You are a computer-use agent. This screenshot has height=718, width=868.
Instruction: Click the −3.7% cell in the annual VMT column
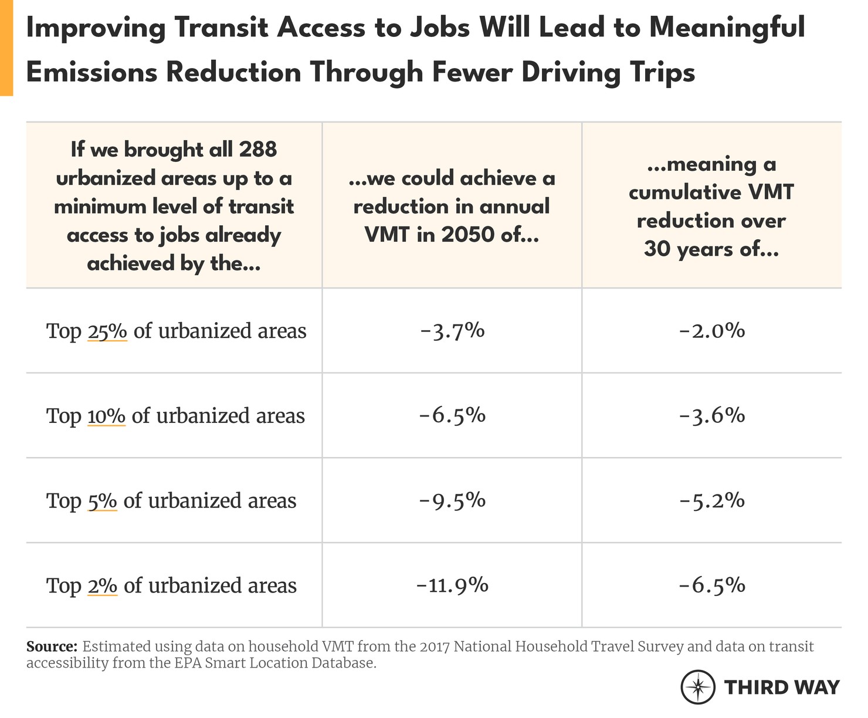point(452,331)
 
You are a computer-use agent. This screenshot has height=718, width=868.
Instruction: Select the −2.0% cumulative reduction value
point(711,331)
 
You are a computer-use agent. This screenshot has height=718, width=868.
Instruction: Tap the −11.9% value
point(452,585)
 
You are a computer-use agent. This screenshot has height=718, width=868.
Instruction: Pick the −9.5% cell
point(452,500)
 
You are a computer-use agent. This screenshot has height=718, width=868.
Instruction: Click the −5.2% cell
point(711,500)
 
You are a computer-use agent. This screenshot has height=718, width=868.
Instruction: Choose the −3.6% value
point(711,415)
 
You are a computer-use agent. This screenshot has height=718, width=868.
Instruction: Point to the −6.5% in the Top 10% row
point(452,415)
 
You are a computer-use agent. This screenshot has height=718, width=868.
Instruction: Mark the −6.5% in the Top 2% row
point(711,585)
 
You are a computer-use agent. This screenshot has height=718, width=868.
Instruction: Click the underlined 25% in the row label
point(107,331)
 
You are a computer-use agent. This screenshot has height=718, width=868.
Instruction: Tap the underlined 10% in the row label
point(106,416)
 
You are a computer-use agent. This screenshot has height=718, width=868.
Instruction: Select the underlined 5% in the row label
point(102,501)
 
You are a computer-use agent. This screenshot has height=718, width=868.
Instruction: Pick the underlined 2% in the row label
point(103,586)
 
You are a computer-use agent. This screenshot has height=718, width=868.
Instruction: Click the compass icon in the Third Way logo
point(698,686)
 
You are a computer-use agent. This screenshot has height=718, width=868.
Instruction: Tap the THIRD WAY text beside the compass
point(782,687)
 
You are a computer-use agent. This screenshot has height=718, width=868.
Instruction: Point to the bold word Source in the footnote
point(52,647)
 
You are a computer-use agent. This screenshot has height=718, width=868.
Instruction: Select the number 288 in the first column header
point(257,150)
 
